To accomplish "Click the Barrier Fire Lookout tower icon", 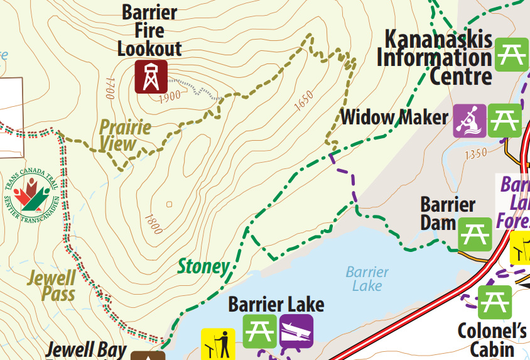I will [x=151, y=77].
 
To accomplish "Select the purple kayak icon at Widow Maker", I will [x=470, y=120].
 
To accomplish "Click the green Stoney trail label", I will [x=203, y=266].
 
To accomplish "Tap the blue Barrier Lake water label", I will [x=367, y=279].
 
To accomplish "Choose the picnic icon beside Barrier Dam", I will [x=474, y=234].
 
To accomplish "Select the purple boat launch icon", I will [x=296, y=330].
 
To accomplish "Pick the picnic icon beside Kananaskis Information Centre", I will [x=511, y=55].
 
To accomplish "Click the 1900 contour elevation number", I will [x=170, y=95].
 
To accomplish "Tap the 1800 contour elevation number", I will [x=153, y=224].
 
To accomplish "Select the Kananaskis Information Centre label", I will [x=438, y=57].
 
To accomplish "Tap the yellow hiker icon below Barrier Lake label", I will [x=218, y=344].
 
